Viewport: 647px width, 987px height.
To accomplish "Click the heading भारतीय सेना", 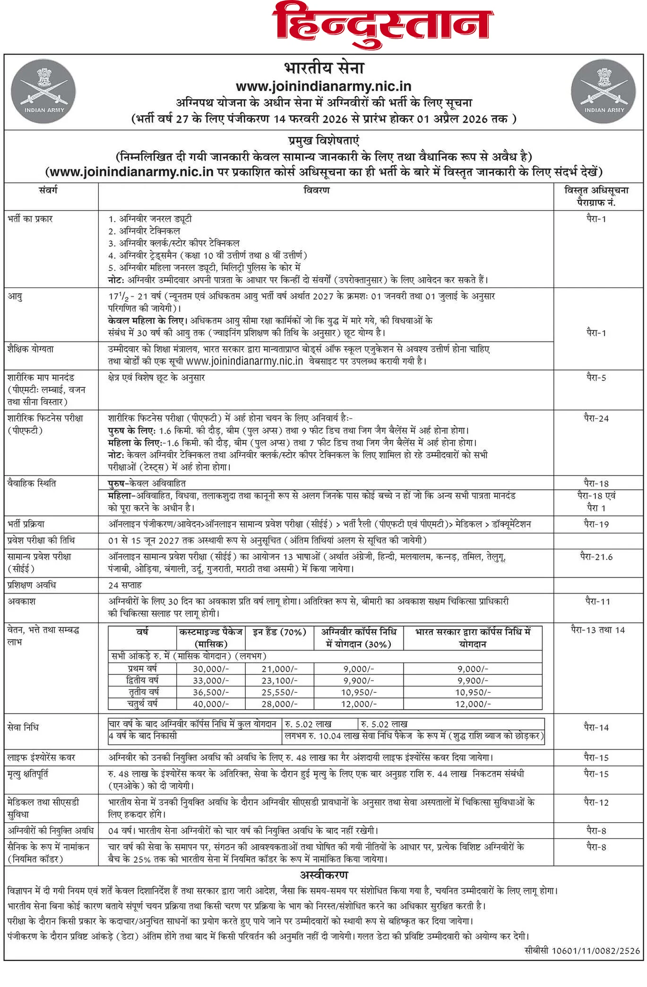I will click(324, 68).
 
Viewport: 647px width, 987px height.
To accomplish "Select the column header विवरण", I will click(316, 190).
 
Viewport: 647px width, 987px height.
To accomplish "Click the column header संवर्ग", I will click(48, 190).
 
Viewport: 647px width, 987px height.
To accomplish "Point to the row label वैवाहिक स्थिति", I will click(32, 484).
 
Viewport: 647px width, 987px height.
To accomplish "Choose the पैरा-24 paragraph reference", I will click(596, 418).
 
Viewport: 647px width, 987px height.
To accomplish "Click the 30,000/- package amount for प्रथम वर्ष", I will click(211, 669).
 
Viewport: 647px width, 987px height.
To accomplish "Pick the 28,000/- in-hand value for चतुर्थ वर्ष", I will click(280, 704).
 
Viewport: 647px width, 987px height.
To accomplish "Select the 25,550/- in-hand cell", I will click(280, 692).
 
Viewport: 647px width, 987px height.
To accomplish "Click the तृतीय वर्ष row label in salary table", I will click(143, 692).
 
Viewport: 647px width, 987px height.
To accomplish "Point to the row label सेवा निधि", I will click(23, 727).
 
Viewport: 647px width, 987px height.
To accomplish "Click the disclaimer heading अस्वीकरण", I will click(324, 875).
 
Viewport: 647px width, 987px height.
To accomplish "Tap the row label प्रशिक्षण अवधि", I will click(32, 585).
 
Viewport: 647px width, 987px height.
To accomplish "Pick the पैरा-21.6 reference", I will click(596, 557).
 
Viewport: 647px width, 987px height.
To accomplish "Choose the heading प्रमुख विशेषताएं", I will click(324, 141).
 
